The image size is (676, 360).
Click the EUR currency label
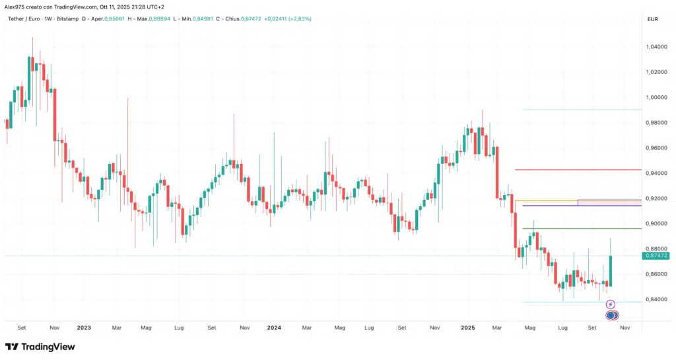(x=653, y=18)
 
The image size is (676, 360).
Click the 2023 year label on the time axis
(x=84, y=327)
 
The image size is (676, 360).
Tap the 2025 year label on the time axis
(x=467, y=327)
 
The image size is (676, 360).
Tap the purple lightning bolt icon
(x=611, y=305)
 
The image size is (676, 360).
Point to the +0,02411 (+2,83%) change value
(x=287, y=18)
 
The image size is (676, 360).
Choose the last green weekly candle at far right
(x=611, y=271)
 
